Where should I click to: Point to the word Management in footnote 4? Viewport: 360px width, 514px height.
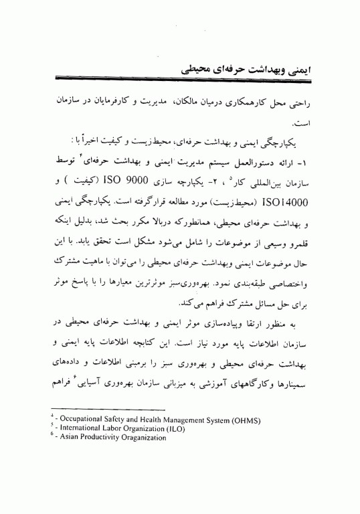(177, 420)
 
